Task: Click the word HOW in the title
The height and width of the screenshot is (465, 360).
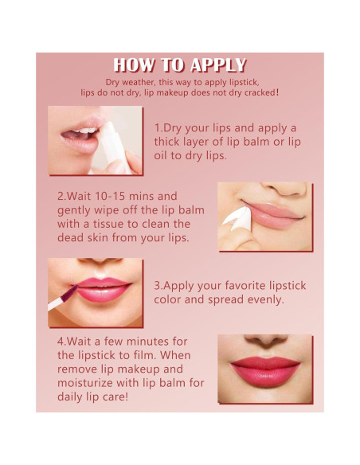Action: click(x=133, y=65)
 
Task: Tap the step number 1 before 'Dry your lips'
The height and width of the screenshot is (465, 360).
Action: click(x=157, y=127)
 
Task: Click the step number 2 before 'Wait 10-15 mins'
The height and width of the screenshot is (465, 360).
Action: click(x=61, y=196)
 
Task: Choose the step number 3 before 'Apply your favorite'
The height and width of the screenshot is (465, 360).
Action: click(x=158, y=286)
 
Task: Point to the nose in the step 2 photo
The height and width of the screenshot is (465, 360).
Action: click(x=271, y=190)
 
